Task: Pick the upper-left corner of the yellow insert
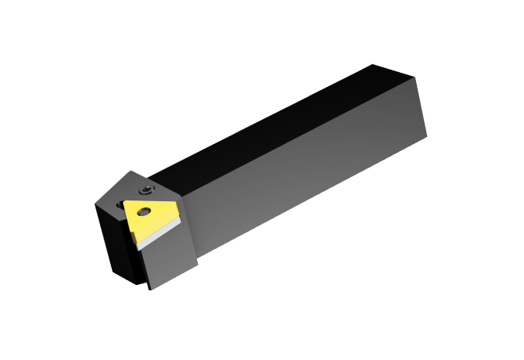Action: tap(123, 202)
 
